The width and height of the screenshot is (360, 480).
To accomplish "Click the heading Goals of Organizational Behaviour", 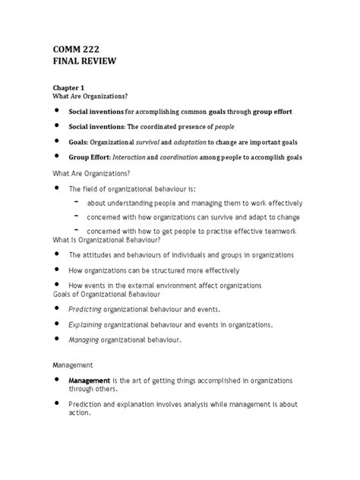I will coord(99,294).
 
